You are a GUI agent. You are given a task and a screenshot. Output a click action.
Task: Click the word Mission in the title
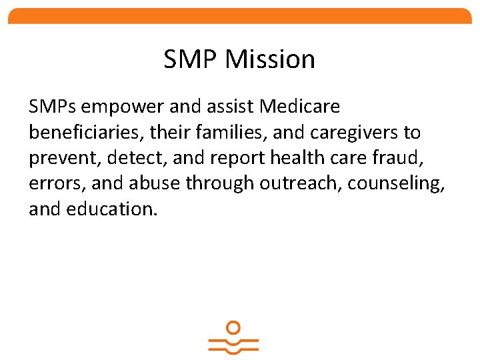pyautogui.click(x=270, y=59)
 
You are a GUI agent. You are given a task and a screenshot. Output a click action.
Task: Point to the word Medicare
pyautogui.click(x=300, y=106)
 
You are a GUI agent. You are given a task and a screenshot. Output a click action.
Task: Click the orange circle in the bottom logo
pyautogui.click(x=233, y=327)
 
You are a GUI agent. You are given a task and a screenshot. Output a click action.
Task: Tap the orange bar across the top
pyautogui.click(x=240, y=16)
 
